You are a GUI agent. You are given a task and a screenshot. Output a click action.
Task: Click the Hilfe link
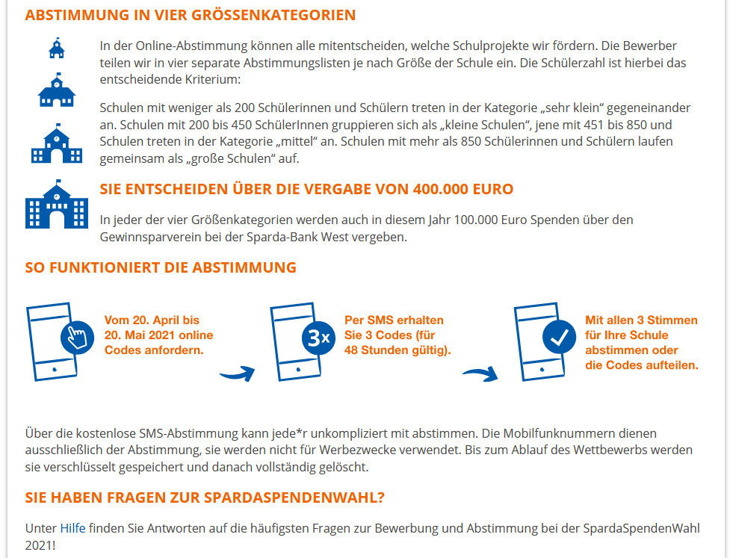click(72, 528)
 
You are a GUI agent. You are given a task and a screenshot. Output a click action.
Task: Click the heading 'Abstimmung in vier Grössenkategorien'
click(190, 15)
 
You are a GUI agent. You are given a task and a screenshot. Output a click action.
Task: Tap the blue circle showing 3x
click(318, 338)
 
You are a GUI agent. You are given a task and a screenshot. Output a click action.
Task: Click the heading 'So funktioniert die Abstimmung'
click(161, 267)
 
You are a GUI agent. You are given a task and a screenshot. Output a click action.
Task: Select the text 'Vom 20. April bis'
click(152, 320)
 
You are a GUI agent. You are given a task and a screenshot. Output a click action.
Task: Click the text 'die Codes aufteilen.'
click(642, 365)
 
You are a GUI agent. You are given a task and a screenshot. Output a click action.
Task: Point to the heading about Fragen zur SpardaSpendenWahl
click(205, 497)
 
